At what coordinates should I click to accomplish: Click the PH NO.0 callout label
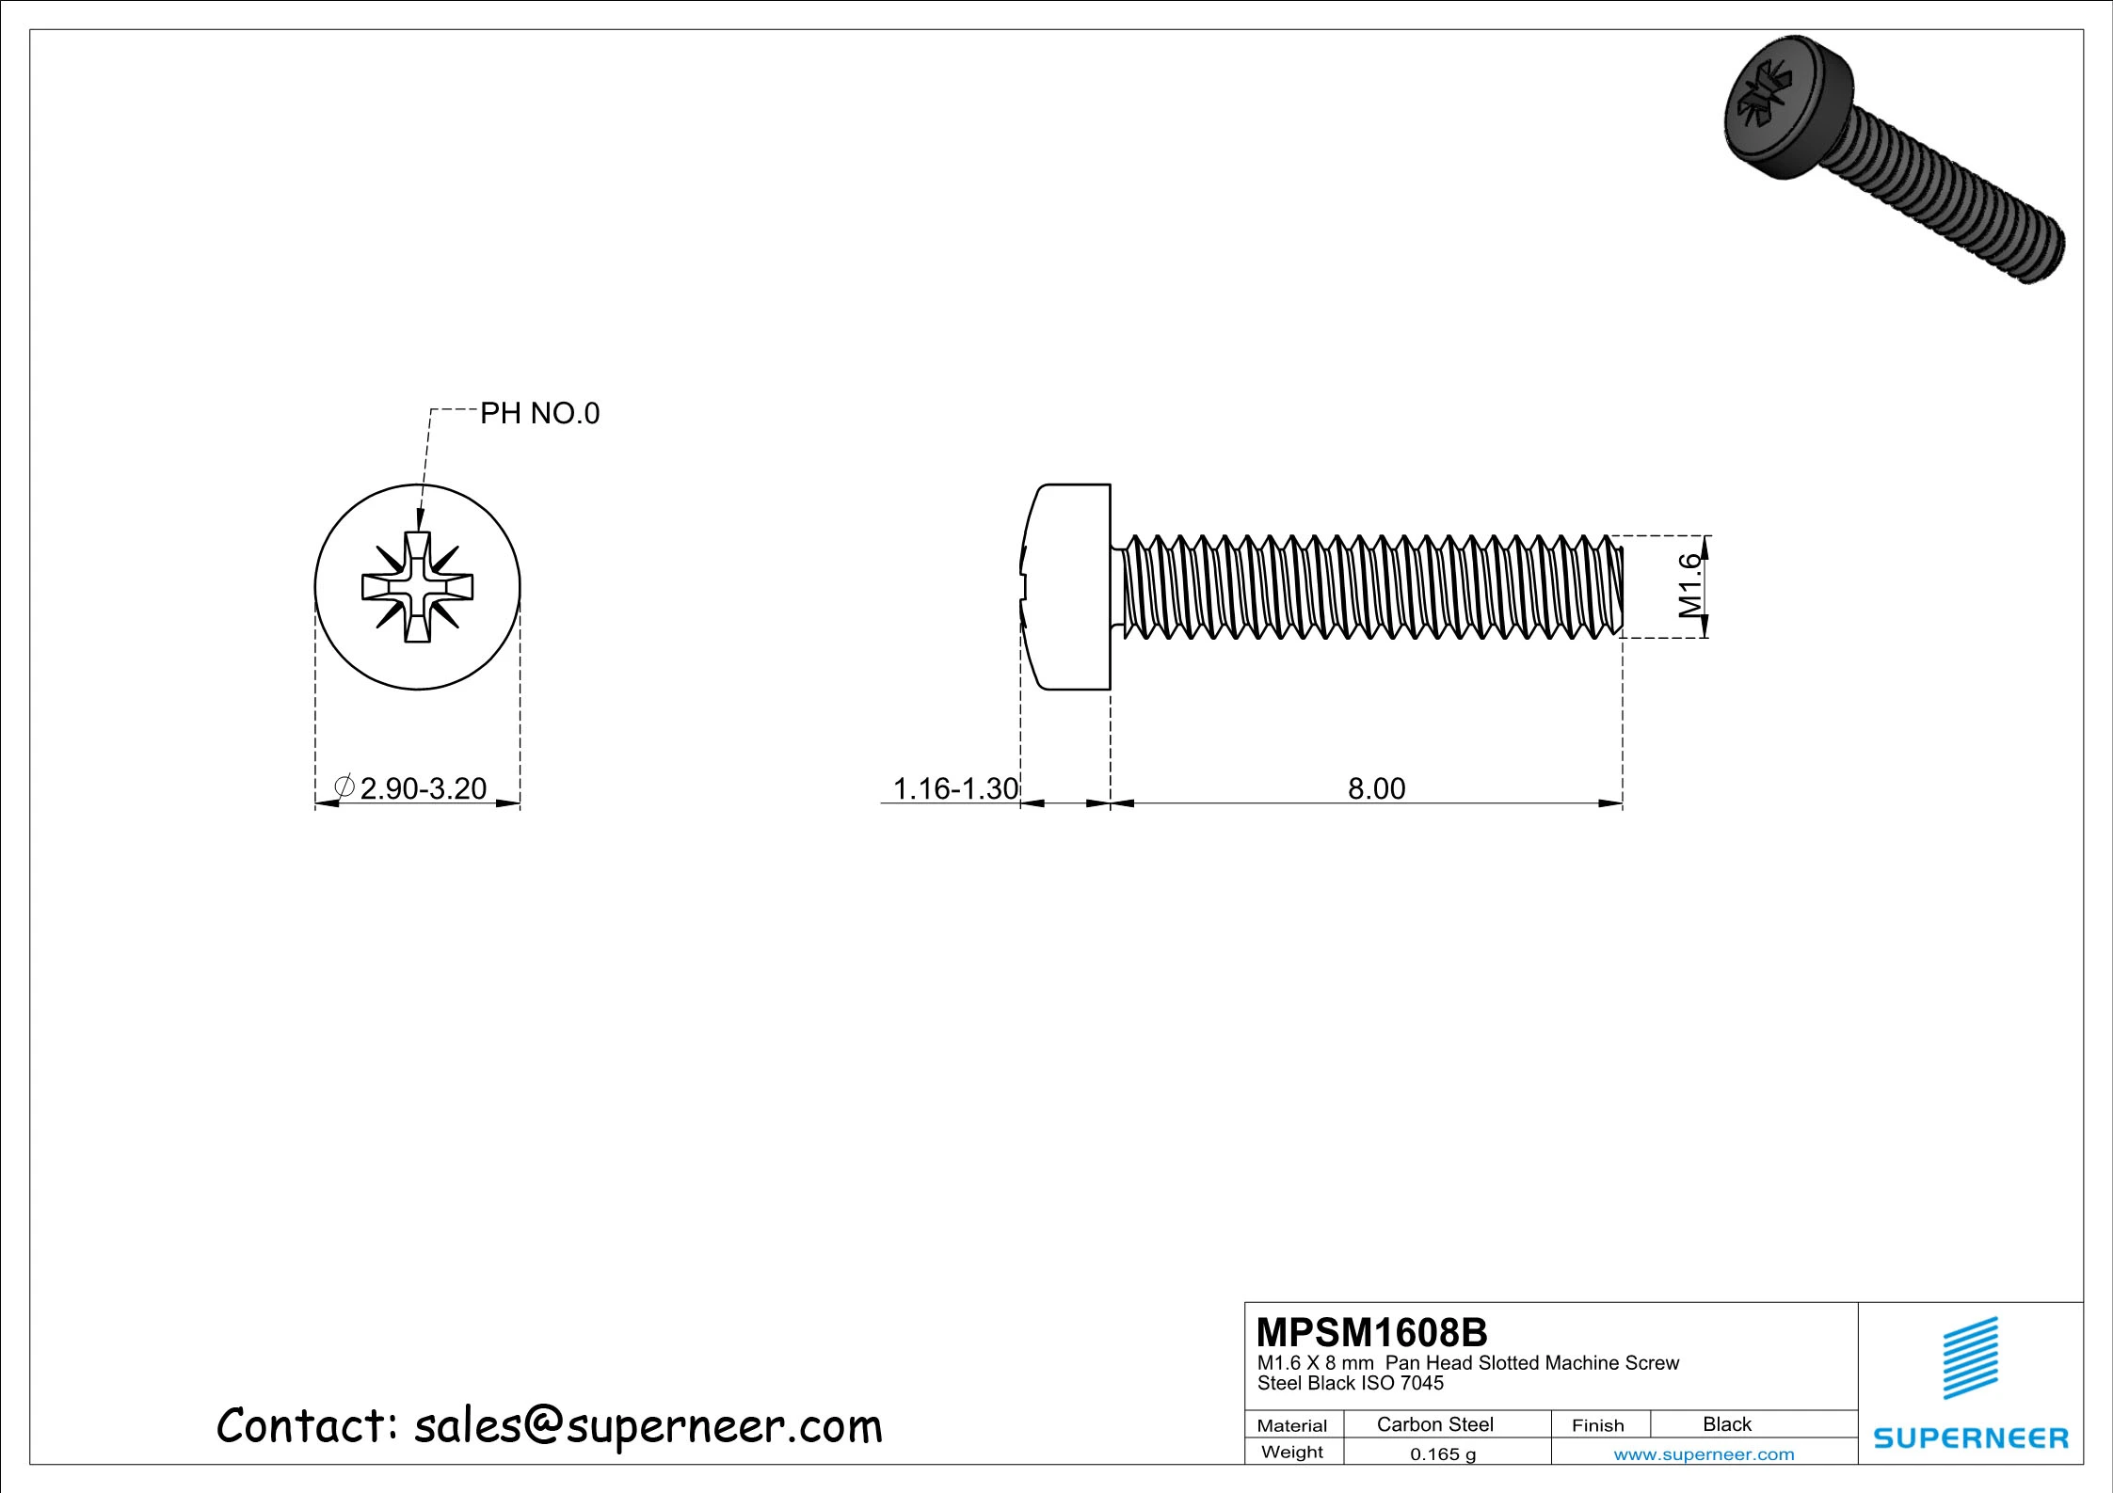pyautogui.click(x=539, y=413)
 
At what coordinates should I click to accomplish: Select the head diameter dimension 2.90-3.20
pyautogui.click(x=424, y=788)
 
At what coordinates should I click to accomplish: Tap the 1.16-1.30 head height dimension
pyautogui.click(x=954, y=788)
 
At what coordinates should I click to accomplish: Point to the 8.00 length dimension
pyautogui.click(x=1376, y=788)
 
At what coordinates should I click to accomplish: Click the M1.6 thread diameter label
pyautogui.click(x=1690, y=586)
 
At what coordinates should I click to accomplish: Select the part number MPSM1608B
pyautogui.click(x=1371, y=1333)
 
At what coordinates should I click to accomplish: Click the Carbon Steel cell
pyautogui.click(x=1434, y=1424)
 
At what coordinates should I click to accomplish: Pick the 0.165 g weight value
pyautogui.click(x=1442, y=1454)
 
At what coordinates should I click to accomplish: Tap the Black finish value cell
pyautogui.click(x=1726, y=1424)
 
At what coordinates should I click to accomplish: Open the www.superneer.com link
pyautogui.click(x=1704, y=1454)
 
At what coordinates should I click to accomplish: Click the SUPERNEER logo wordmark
pyautogui.click(x=1971, y=1438)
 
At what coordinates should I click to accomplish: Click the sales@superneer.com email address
pyautogui.click(x=648, y=1426)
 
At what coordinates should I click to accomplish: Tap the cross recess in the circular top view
pyautogui.click(x=417, y=587)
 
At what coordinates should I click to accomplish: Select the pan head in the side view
pyautogui.click(x=1068, y=587)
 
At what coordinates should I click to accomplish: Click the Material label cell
pyautogui.click(x=1291, y=1425)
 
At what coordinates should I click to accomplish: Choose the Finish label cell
pyautogui.click(x=1597, y=1425)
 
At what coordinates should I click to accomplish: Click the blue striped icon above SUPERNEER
pyautogui.click(x=1970, y=1358)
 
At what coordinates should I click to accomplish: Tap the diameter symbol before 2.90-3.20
pyautogui.click(x=344, y=786)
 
